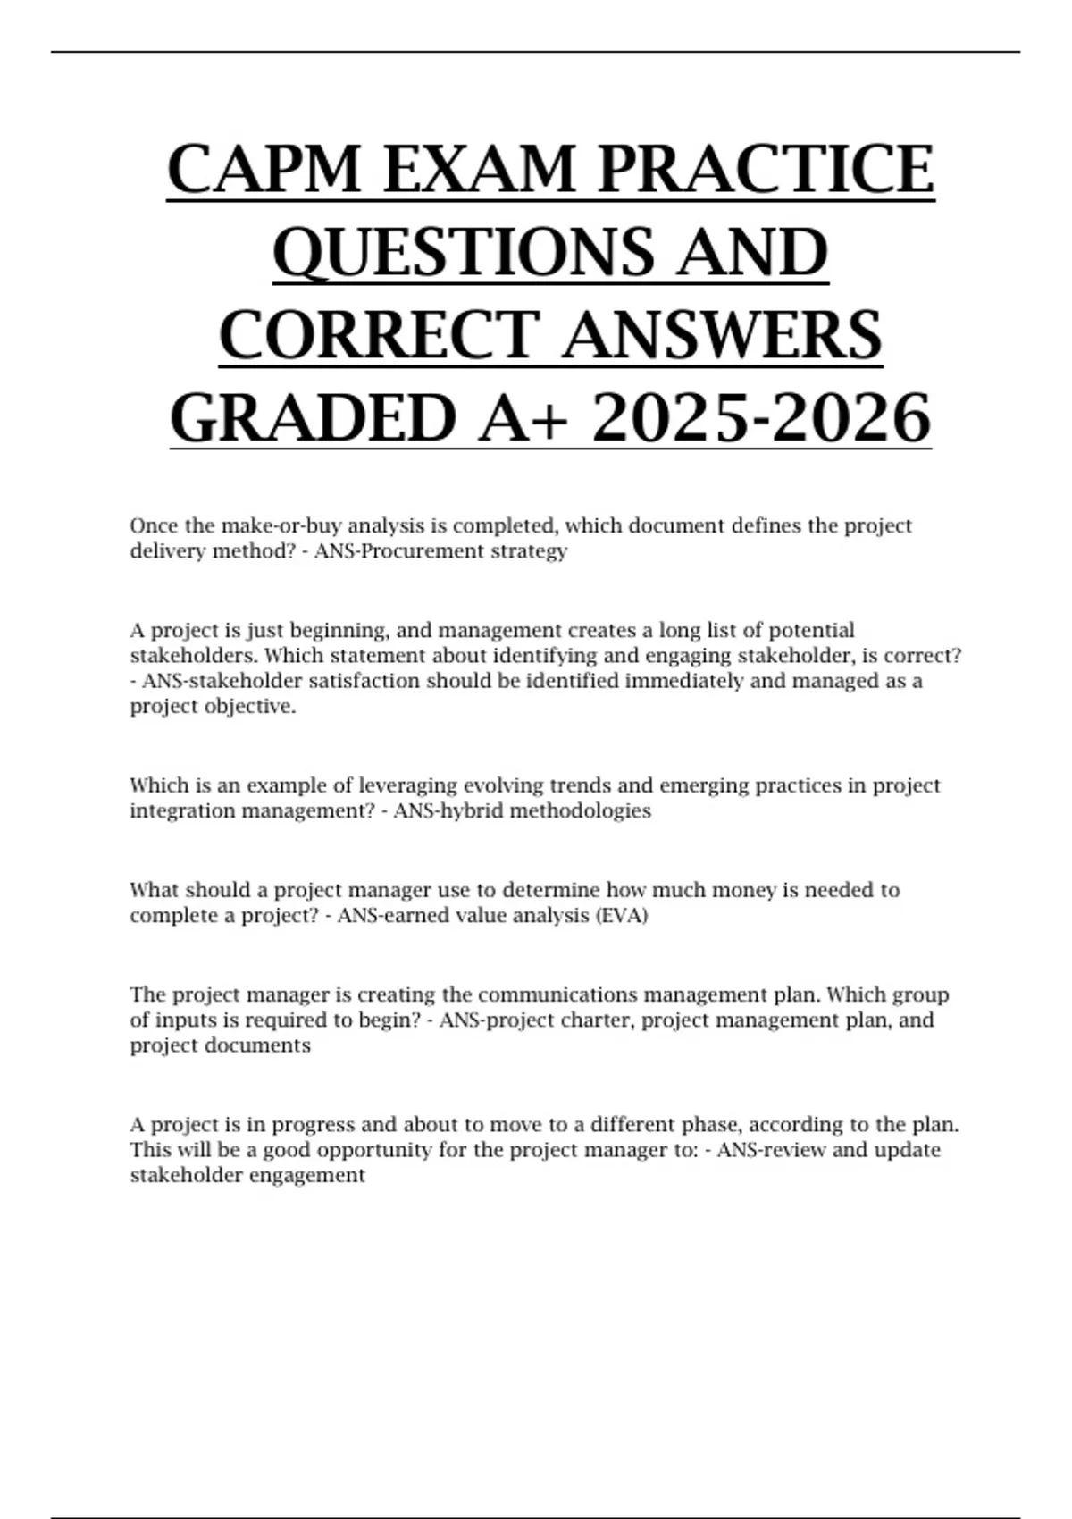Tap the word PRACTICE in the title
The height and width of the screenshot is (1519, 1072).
(x=766, y=169)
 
